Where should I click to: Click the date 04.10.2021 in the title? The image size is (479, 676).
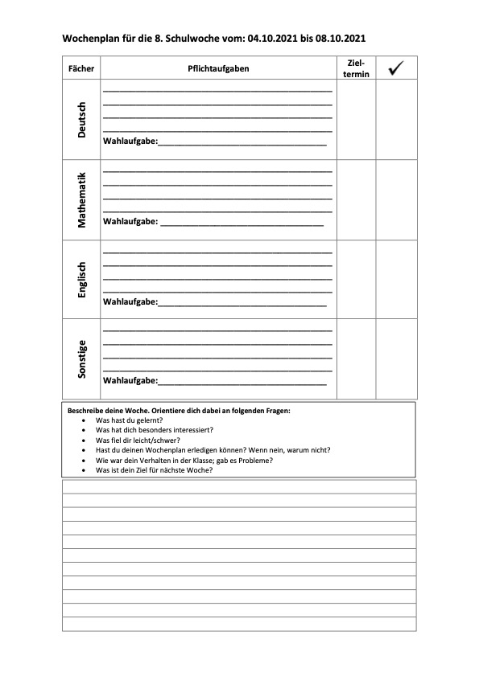[x=274, y=38]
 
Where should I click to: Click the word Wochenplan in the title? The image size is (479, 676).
[x=89, y=38]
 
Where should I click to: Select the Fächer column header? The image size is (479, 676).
[x=81, y=69]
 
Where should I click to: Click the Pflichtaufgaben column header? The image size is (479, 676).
[x=218, y=69]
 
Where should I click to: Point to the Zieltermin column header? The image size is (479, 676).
[x=356, y=68]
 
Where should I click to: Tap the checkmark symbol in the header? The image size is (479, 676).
[x=396, y=68]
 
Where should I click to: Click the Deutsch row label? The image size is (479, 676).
[x=81, y=120]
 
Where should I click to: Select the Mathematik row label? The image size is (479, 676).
[x=81, y=200]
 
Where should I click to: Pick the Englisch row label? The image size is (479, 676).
[x=81, y=280]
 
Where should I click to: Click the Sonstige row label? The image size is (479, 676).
[x=81, y=358]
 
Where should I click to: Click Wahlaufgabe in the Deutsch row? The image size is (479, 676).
[x=130, y=141]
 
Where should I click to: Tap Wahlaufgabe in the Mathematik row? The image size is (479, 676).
[x=130, y=222]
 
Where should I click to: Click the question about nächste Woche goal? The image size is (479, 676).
[x=154, y=469]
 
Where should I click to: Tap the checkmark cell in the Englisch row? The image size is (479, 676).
[x=396, y=279]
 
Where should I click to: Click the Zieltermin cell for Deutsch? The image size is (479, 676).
[x=356, y=120]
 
